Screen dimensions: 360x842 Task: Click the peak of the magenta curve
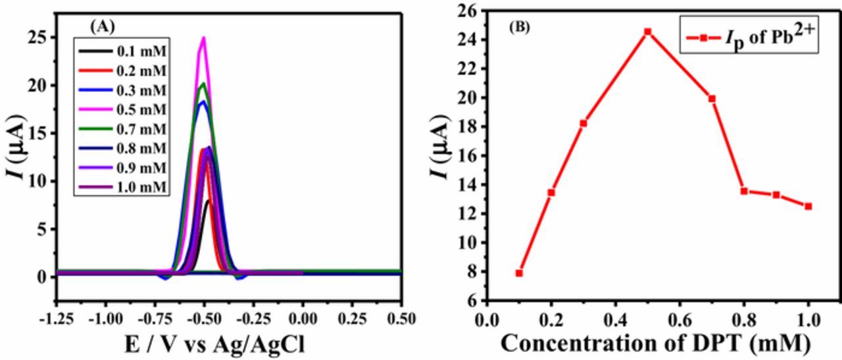pos(204,38)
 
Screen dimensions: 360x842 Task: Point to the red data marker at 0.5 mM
pos(647,32)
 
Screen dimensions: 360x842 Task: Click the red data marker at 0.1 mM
pos(519,273)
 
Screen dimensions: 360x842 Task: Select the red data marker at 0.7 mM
pos(712,99)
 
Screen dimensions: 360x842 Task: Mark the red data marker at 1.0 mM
pos(808,206)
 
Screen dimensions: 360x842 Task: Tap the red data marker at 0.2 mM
pos(551,193)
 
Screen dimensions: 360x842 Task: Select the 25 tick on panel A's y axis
pos(41,38)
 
